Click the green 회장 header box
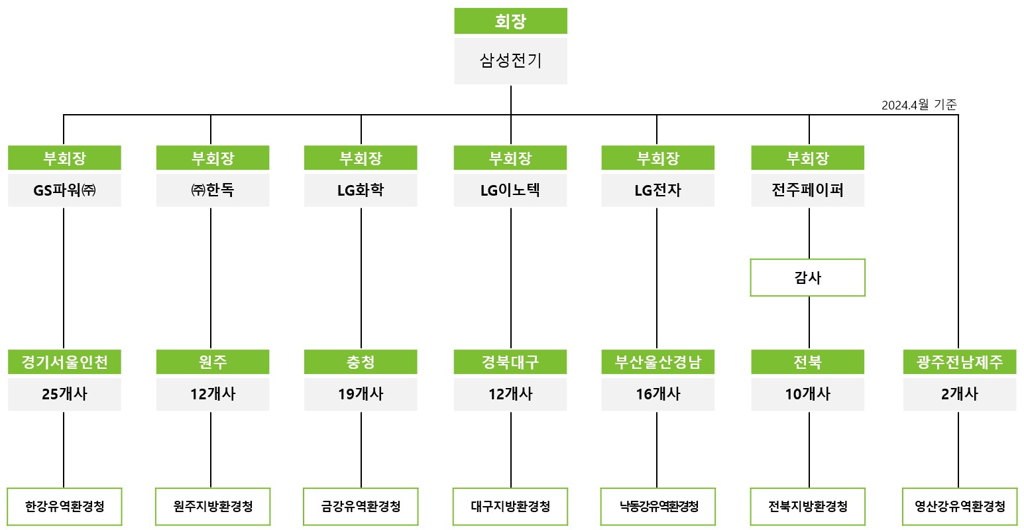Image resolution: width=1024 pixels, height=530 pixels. point(510,21)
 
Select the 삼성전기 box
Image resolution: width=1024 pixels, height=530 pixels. point(510,61)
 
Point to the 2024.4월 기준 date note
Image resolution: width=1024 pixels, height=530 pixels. point(919,105)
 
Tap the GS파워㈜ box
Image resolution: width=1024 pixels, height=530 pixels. point(64,190)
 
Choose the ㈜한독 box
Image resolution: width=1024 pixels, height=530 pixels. point(213,190)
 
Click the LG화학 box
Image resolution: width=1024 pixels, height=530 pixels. point(361,190)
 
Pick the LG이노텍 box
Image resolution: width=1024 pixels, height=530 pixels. point(510,190)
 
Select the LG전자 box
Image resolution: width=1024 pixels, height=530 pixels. point(658,190)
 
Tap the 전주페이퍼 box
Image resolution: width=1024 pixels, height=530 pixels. point(808,190)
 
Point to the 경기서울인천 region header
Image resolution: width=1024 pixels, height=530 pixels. point(64,362)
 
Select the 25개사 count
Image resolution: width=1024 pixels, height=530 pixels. point(64,394)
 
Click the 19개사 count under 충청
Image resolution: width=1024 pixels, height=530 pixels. point(361,394)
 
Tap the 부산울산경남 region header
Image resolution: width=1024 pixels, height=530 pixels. point(658,362)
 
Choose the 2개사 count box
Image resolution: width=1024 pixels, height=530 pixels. point(960,394)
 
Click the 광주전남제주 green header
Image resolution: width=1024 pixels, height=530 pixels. point(960,362)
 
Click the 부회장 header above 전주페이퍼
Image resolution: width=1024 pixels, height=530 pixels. point(808,158)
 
